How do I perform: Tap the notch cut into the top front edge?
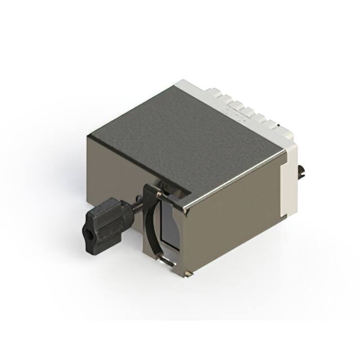pyautogui.click(x=169, y=191)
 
